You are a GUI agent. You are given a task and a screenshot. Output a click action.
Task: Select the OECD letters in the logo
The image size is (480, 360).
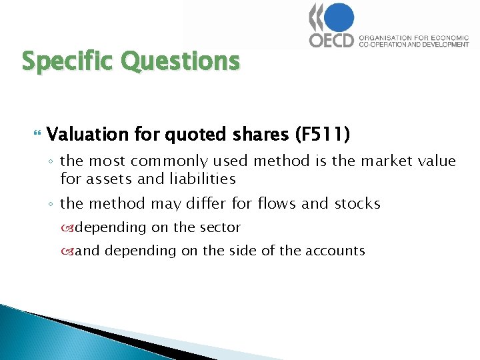tap(331, 40)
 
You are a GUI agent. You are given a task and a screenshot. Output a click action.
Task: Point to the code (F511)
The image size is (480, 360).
tap(322, 134)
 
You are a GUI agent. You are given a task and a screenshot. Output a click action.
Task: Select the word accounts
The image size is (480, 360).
tap(336, 251)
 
